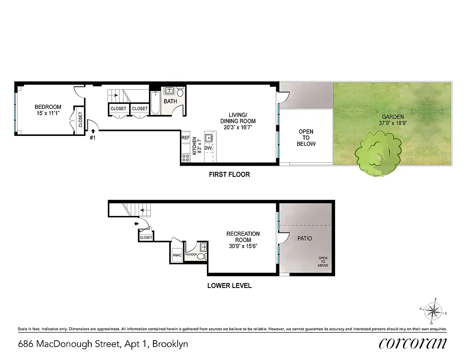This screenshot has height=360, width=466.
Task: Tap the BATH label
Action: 170,101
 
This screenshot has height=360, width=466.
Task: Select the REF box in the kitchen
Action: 185,138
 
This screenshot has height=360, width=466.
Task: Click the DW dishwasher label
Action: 208,148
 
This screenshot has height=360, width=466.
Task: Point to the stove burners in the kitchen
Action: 185,158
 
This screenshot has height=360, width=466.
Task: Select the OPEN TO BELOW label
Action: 306,138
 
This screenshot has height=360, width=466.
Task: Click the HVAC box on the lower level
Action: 176,255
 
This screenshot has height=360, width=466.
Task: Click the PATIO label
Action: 304,238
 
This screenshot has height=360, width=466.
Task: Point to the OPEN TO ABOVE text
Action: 323,262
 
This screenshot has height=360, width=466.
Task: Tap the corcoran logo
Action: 412,343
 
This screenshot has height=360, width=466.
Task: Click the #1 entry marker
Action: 93,137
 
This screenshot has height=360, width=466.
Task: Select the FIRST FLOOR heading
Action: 229,174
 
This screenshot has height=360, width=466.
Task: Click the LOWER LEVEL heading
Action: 229,286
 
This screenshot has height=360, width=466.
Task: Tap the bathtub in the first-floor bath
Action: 156,103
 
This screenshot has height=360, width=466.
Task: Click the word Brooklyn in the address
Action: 170,344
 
